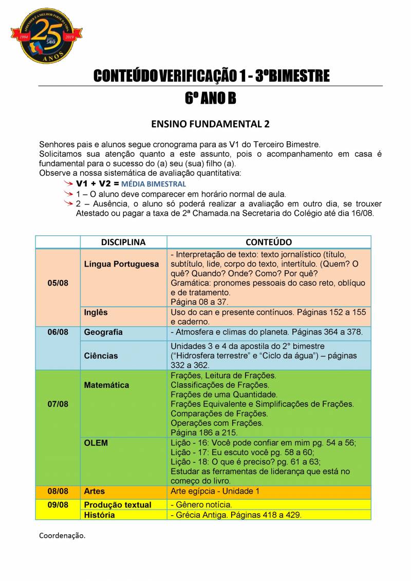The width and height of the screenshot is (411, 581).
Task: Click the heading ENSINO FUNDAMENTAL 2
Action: pos(210,124)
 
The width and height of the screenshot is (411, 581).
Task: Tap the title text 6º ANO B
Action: pos(210,98)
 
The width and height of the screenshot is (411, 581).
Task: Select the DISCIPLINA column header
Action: pos(123,242)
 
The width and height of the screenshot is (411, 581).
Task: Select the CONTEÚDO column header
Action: pos(269,242)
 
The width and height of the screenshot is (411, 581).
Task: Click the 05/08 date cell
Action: pos(58,283)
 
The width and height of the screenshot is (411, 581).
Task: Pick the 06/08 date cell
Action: pos(58,332)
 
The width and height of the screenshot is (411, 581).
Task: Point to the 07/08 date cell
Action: pos(58,404)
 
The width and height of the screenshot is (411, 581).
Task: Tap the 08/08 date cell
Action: pos(58,491)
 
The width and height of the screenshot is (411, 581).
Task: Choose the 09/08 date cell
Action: pos(58,505)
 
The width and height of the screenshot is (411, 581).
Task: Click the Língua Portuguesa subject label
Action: pos(121,264)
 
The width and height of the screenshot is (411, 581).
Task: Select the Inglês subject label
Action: pos(96,312)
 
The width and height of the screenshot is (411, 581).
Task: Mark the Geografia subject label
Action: pos(103,332)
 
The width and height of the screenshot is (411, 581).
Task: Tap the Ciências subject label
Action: pos(101,355)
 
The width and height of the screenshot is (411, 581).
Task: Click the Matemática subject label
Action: pos(106,385)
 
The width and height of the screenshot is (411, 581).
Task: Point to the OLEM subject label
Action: pos(96,443)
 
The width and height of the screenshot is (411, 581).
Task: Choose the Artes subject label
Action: pos(95,491)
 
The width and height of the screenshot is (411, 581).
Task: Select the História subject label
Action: pos(99,515)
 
